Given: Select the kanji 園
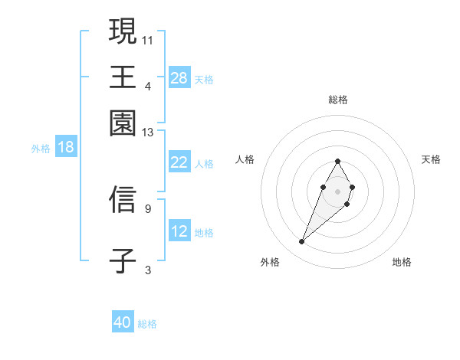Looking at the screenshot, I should pyautogui.click(x=123, y=123).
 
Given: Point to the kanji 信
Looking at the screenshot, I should pyautogui.click(x=123, y=200).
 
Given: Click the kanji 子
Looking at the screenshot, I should pyautogui.click(x=123, y=260).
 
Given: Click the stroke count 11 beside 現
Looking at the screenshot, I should pyautogui.click(x=148, y=39).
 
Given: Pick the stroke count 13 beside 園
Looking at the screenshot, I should pyautogui.click(x=148, y=133).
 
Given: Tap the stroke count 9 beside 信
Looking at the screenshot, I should pyautogui.click(x=148, y=208).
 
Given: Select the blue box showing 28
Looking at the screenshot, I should pyautogui.click(x=179, y=77).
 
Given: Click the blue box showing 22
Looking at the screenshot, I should pyautogui.click(x=179, y=162).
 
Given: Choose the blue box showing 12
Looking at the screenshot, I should pyautogui.click(x=179, y=231).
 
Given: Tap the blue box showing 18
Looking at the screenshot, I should pyautogui.click(x=65, y=147).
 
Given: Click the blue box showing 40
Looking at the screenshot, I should pyautogui.click(x=123, y=322).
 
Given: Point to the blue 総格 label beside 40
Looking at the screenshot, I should pyautogui.click(x=147, y=324).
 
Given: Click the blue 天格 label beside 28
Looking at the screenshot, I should pyautogui.click(x=204, y=79).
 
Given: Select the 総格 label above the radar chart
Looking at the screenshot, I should pyautogui.click(x=337, y=100).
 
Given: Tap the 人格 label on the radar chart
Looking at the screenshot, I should pyautogui.click(x=245, y=159).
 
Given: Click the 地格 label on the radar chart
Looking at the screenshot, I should pyautogui.click(x=402, y=262).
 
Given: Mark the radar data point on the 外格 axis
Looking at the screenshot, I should pyautogui.click(x=301, y=242).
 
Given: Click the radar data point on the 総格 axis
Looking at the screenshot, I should pyautogui.click(x=337, y=161).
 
